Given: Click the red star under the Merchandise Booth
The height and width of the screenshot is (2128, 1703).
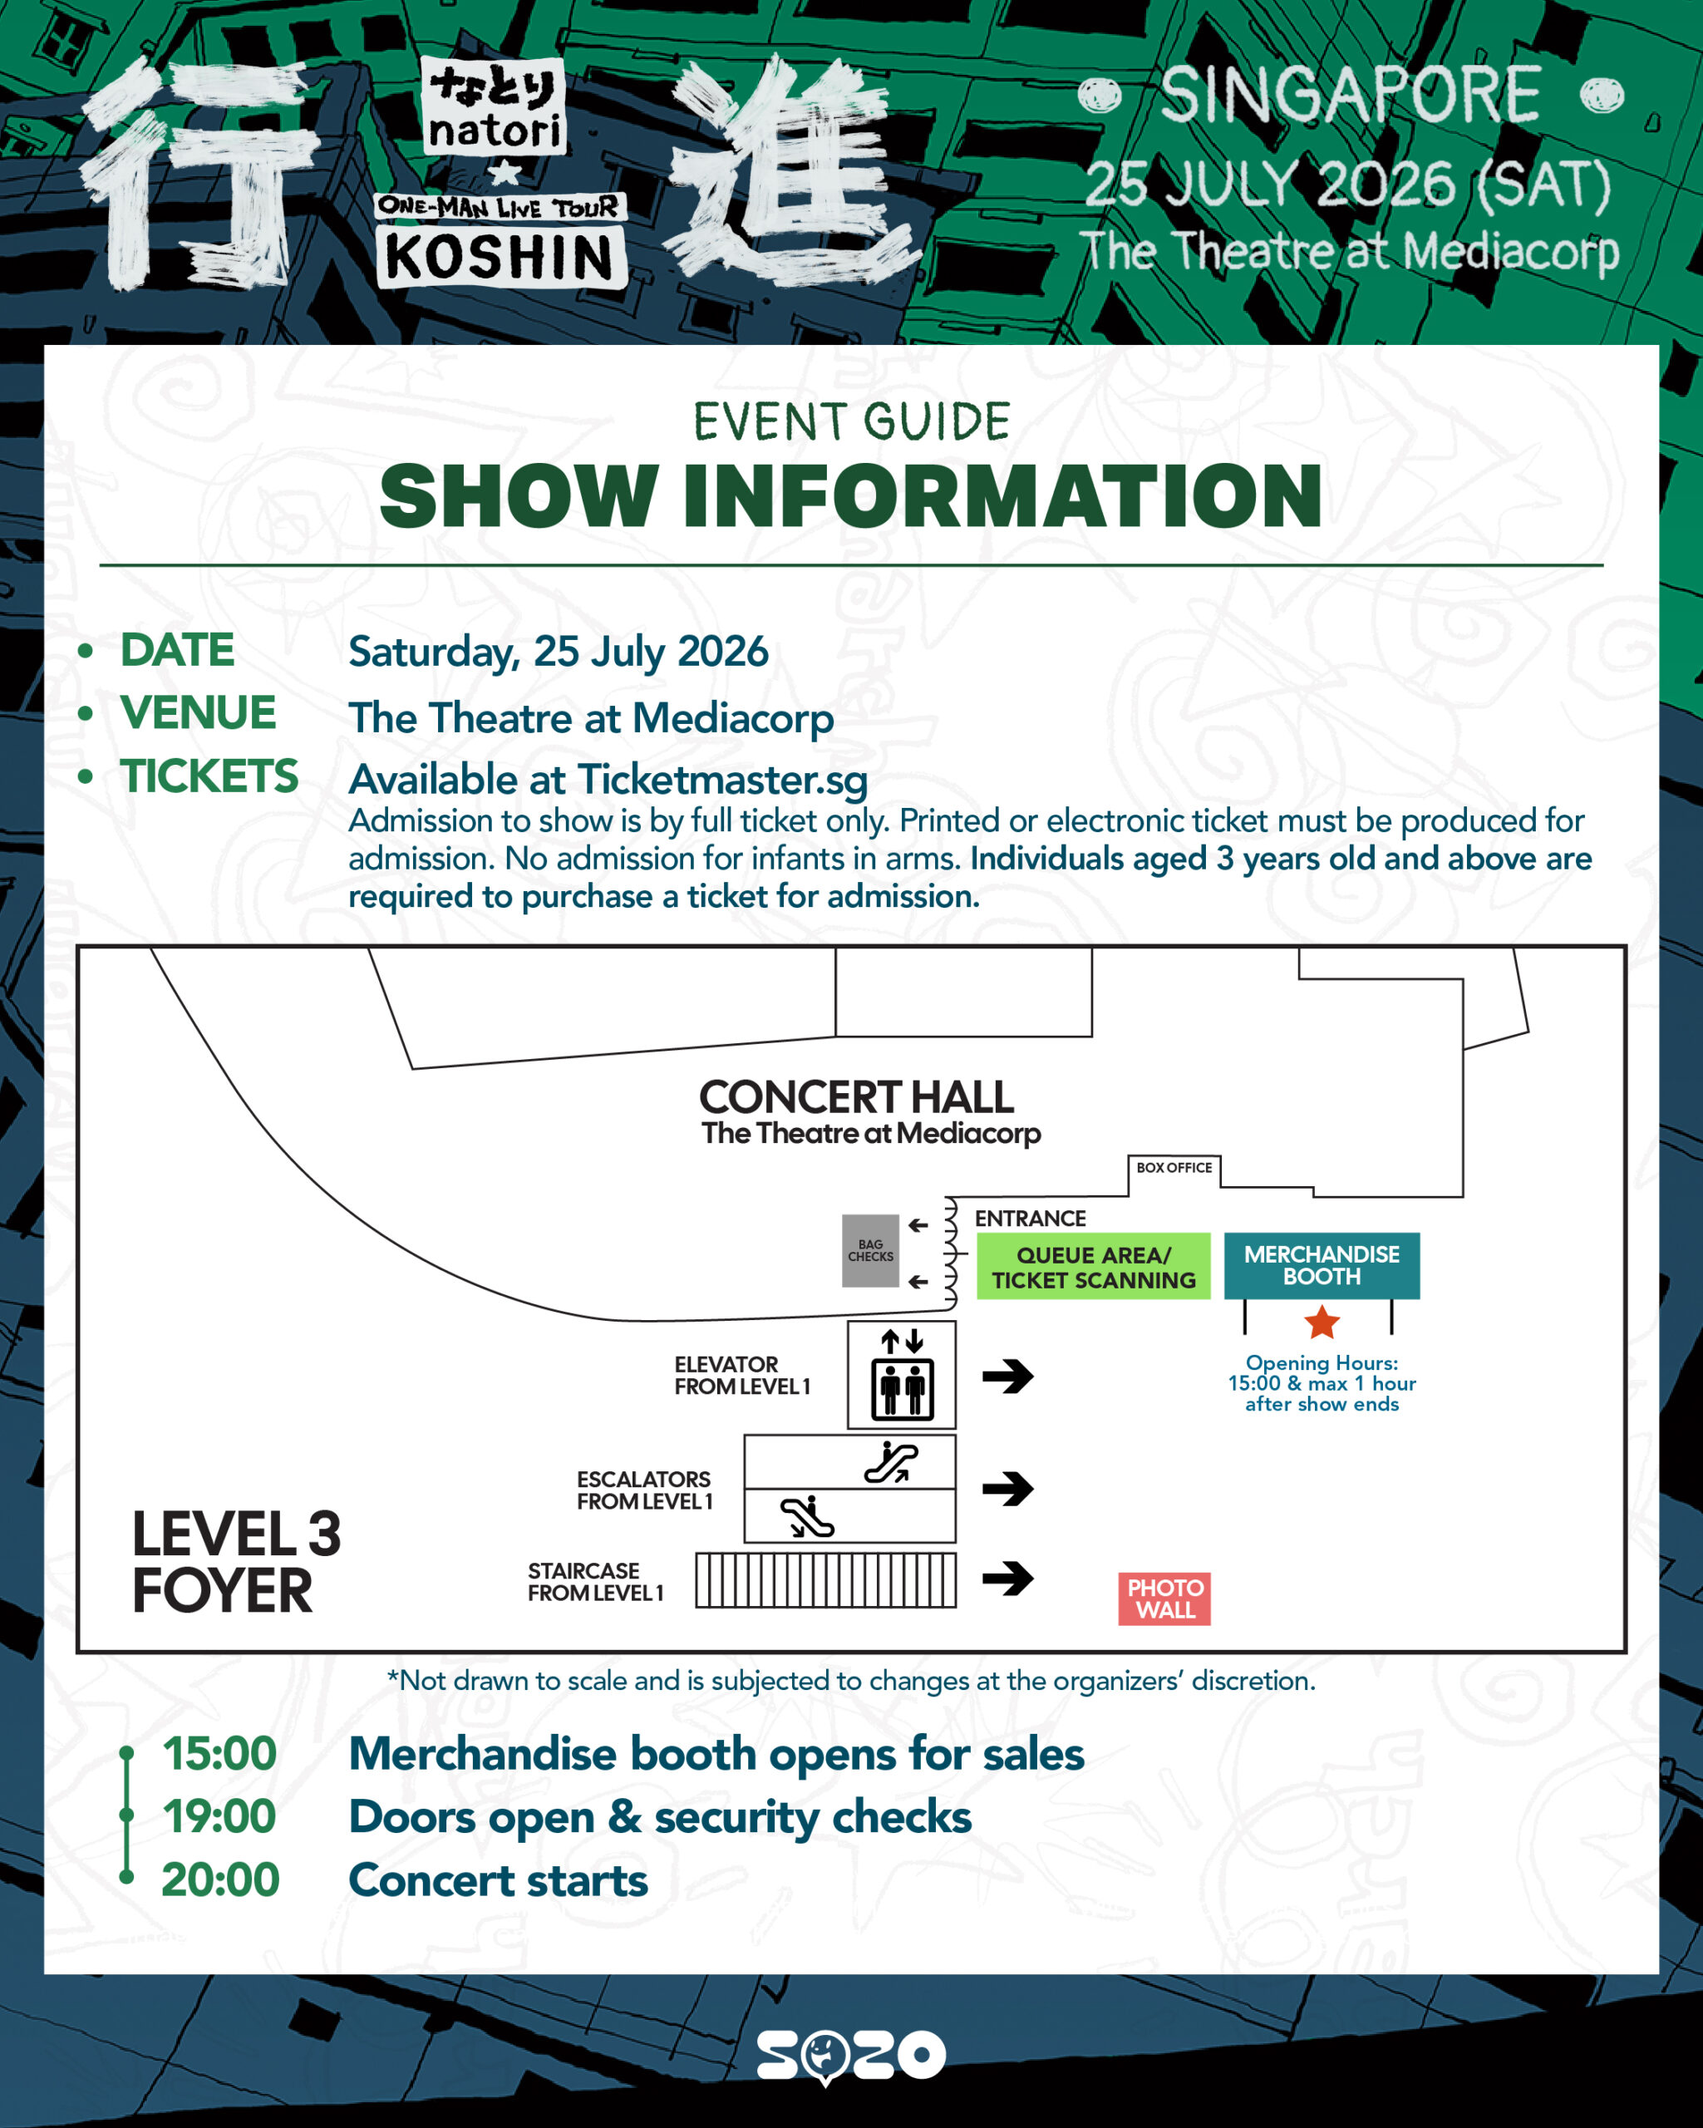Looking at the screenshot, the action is click(1322, 1322).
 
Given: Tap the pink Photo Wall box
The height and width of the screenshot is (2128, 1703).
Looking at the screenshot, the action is click(1164, 1598).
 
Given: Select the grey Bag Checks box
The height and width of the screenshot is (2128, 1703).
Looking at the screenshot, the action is click(870, 1250).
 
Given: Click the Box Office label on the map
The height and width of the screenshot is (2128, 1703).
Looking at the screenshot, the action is click(1174, 1168).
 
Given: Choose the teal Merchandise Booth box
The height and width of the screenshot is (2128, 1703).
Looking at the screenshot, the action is click(1322, 1265).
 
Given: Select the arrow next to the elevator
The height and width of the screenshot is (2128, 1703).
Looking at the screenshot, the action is click(1007, 1376).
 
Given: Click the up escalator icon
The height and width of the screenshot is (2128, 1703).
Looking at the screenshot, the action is click(891, 1462).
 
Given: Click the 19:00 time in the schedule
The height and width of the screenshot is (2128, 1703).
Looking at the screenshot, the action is click(219, 1817).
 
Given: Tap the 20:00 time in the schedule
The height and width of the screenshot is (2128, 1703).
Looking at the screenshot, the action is click(220, 1880).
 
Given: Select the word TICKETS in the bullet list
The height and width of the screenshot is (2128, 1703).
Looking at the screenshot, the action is click(209, 776).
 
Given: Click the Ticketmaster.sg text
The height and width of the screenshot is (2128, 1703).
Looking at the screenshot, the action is click(722, 780).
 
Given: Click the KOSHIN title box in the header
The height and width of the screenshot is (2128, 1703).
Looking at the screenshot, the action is click(500, 258).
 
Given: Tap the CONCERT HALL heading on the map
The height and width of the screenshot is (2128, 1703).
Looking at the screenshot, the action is click(856, 1096).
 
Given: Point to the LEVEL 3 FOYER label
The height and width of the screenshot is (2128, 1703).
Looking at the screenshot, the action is click(237, 1563).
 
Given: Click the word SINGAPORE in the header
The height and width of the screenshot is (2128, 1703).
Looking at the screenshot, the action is click(1350, 96).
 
